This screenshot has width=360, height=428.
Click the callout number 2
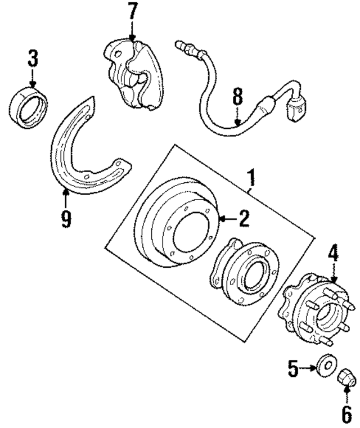tap(243, 219)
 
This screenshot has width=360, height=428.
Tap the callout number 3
tap(33, 57)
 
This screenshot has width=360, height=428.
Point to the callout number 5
tap(293, 369)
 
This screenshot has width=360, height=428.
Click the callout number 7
tap(132, 12)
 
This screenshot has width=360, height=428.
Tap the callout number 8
tap(238, 97)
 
